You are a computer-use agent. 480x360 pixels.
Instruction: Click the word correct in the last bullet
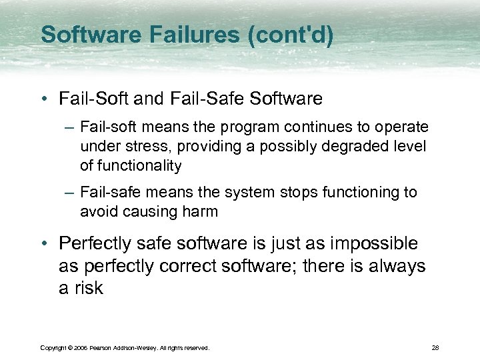click(189, 267)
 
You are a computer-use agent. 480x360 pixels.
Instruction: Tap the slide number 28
click(435, 348)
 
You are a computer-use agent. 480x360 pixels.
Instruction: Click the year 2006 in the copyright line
click(81, 348)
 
